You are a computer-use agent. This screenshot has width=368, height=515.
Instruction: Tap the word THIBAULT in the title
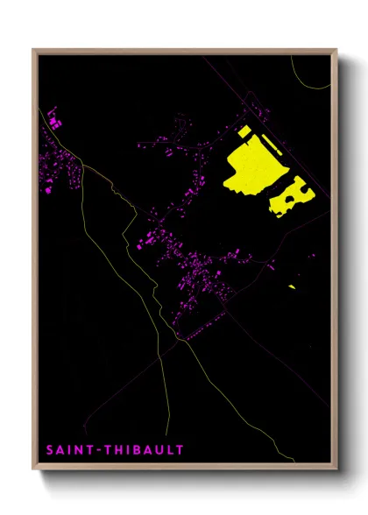145,450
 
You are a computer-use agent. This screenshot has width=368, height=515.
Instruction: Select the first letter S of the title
50,450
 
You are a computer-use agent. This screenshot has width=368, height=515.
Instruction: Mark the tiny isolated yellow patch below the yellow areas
291,286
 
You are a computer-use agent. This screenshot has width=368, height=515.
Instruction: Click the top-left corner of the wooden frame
34,50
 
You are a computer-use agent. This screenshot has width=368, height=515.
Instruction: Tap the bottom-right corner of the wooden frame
336,470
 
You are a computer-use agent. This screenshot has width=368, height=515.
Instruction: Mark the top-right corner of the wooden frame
336,50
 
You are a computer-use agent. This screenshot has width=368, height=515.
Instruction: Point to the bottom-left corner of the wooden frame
34,470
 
